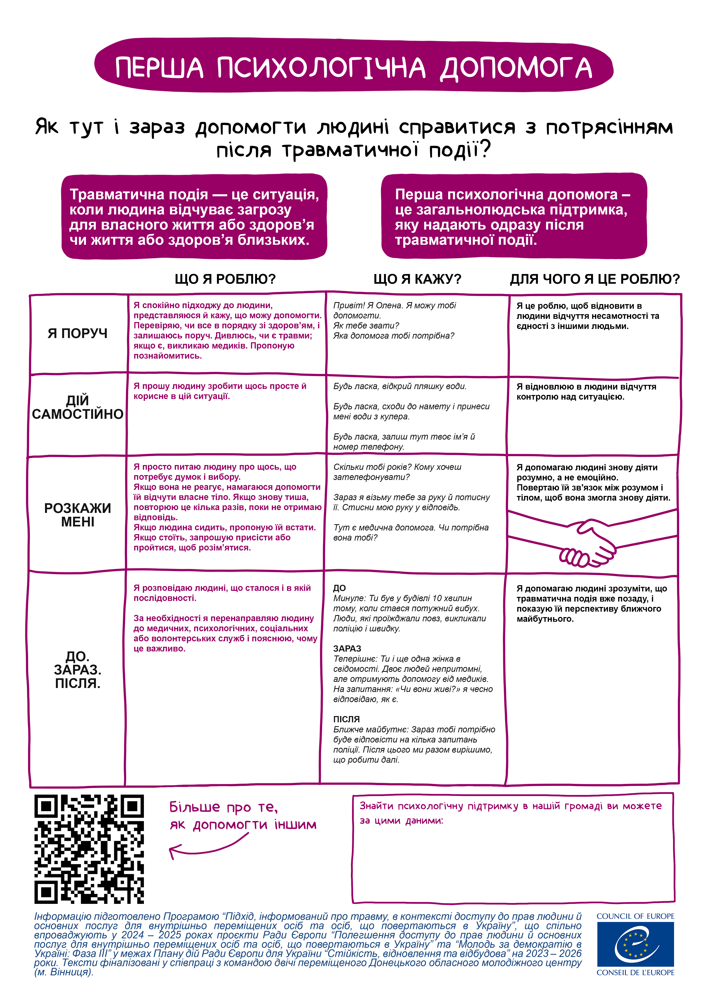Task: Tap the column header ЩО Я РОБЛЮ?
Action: click(225, 279)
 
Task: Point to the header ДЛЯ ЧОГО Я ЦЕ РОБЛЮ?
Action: click(595, 279)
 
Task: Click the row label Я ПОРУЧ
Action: click(78, 333)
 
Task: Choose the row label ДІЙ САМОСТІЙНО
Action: click(78, 407)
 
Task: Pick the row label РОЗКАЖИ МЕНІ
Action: click(78, 515)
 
